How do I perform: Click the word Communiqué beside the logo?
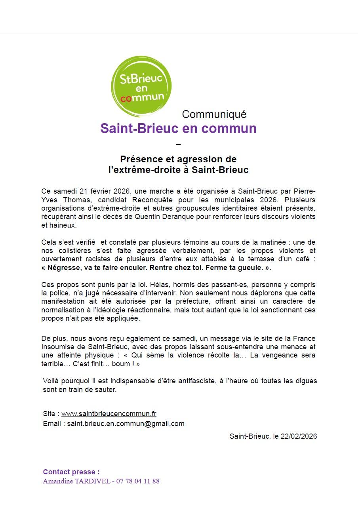(x=214, y=114)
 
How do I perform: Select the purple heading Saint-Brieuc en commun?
(x=178, y=128)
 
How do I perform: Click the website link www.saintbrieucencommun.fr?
(x=109, y=414)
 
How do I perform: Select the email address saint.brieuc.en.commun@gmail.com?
(x=126, y=424)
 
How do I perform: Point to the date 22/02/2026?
(x=299, y=436)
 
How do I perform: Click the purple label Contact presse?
(x=71, y=472)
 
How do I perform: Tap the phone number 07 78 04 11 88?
(x=138, y=481)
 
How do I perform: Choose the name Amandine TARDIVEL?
(x=77, y=481)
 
